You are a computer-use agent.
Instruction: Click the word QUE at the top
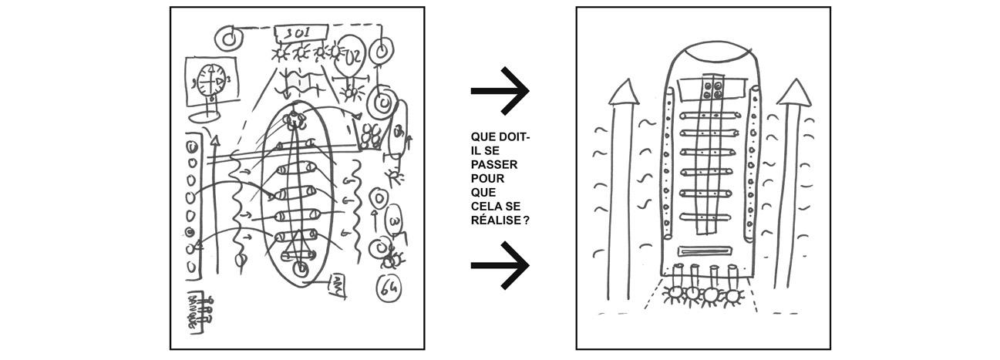pos(482,137)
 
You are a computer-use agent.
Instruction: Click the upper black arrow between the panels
pos(500,91)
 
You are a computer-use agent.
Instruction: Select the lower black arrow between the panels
pos(500,265)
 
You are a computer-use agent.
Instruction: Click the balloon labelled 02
pos(355,56)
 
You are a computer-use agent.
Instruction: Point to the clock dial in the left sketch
pos(210,80)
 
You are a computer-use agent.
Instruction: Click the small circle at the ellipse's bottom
pos(299,268)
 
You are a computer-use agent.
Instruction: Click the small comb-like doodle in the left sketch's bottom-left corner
pos(199,310)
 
